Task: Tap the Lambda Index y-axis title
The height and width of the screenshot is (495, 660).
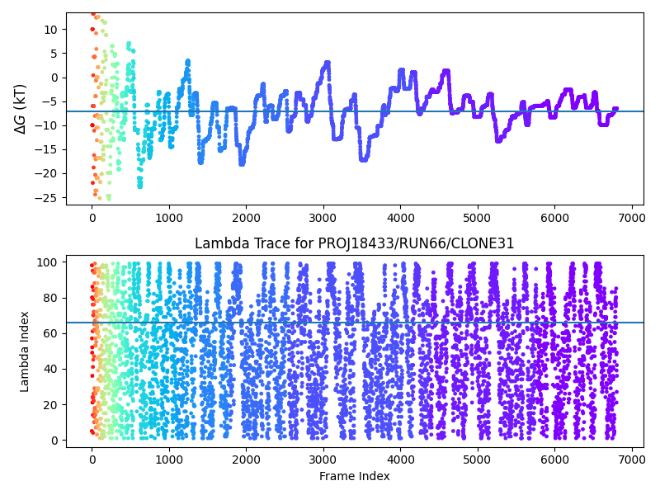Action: [x=25, y=351]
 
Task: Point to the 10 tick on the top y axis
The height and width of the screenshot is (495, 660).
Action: [x=51, y=30]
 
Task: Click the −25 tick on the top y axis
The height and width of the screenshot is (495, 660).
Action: [x=48, y=198]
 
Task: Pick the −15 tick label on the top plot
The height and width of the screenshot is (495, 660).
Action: [x=48, y=149]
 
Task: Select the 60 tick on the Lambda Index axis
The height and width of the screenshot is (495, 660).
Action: [x=52, y=333]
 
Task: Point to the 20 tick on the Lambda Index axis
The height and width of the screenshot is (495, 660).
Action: [x=52, y=404]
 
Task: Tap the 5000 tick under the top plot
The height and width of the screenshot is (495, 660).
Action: [x=478, y=218]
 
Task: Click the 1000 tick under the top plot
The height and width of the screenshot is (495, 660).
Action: [x=169, y=218]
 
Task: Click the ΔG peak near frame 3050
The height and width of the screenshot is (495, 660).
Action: [x=328, y=63]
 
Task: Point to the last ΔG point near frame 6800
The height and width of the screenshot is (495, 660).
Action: [x=615, y=109]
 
